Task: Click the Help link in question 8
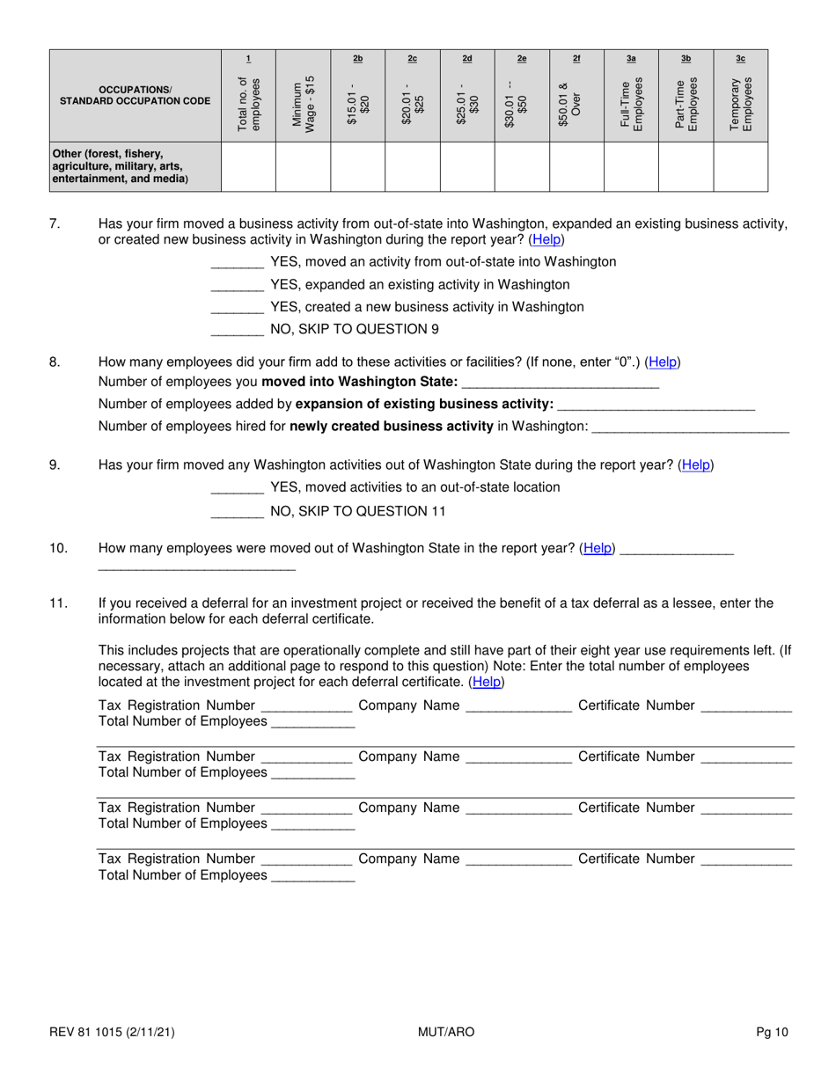pos(663,362)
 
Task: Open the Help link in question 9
pos(696,464)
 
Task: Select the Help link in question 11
pos(488,682)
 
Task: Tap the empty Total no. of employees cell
pos(248,167)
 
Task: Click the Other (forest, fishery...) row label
pos(120,167)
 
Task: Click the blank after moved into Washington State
pos(560,382)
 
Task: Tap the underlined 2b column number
pos(357,59)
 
